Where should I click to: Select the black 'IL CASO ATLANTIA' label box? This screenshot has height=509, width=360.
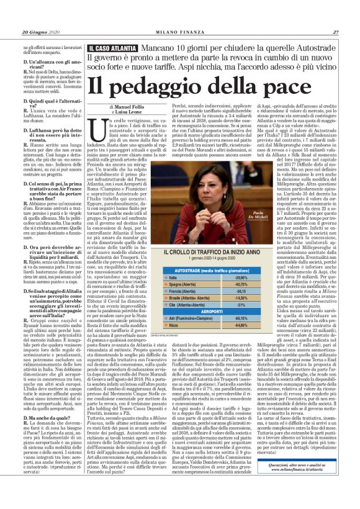click(x=114, y=47)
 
